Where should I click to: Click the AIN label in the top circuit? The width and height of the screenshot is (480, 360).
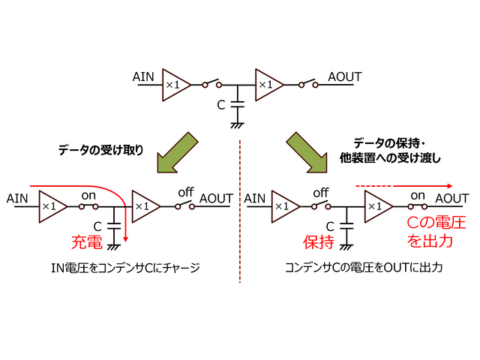click(144, 77)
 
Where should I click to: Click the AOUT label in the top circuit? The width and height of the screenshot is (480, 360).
click(345, 77)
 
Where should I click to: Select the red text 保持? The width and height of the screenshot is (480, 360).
click(317, 242)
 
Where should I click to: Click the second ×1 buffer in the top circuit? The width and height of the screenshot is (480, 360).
click(267, 85)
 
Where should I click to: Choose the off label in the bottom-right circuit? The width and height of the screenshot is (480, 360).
click(321, 193)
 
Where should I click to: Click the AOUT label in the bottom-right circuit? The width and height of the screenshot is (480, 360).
click(452, 198)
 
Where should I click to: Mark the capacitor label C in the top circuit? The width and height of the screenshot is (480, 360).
click(221, 105)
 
